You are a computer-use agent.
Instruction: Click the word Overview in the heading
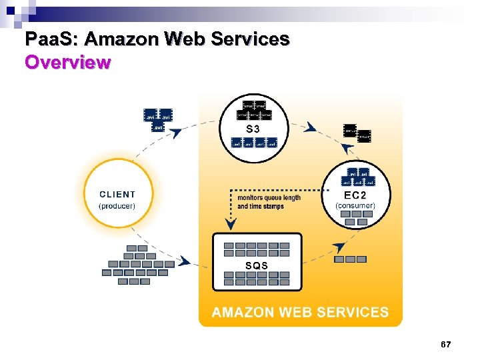coord(67,63)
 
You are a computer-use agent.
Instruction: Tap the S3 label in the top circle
coord(253,128)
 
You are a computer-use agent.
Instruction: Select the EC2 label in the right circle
coord(355,195)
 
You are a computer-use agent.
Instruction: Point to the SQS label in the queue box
coord(257,265)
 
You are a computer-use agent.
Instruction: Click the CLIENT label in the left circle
coord(117,195)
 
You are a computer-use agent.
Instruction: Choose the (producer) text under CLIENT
coord(117,206)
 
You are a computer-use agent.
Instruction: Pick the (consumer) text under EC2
coord(355,205)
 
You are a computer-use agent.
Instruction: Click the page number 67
coord(446,344)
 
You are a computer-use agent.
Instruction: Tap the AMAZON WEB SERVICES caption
coord(300,312)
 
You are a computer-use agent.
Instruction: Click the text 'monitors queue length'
coord(269,197)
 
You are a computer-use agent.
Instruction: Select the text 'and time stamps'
coord(261,207)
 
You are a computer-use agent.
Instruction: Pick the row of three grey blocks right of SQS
coord(350,259)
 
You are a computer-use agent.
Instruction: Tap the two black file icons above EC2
coord(357,132)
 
